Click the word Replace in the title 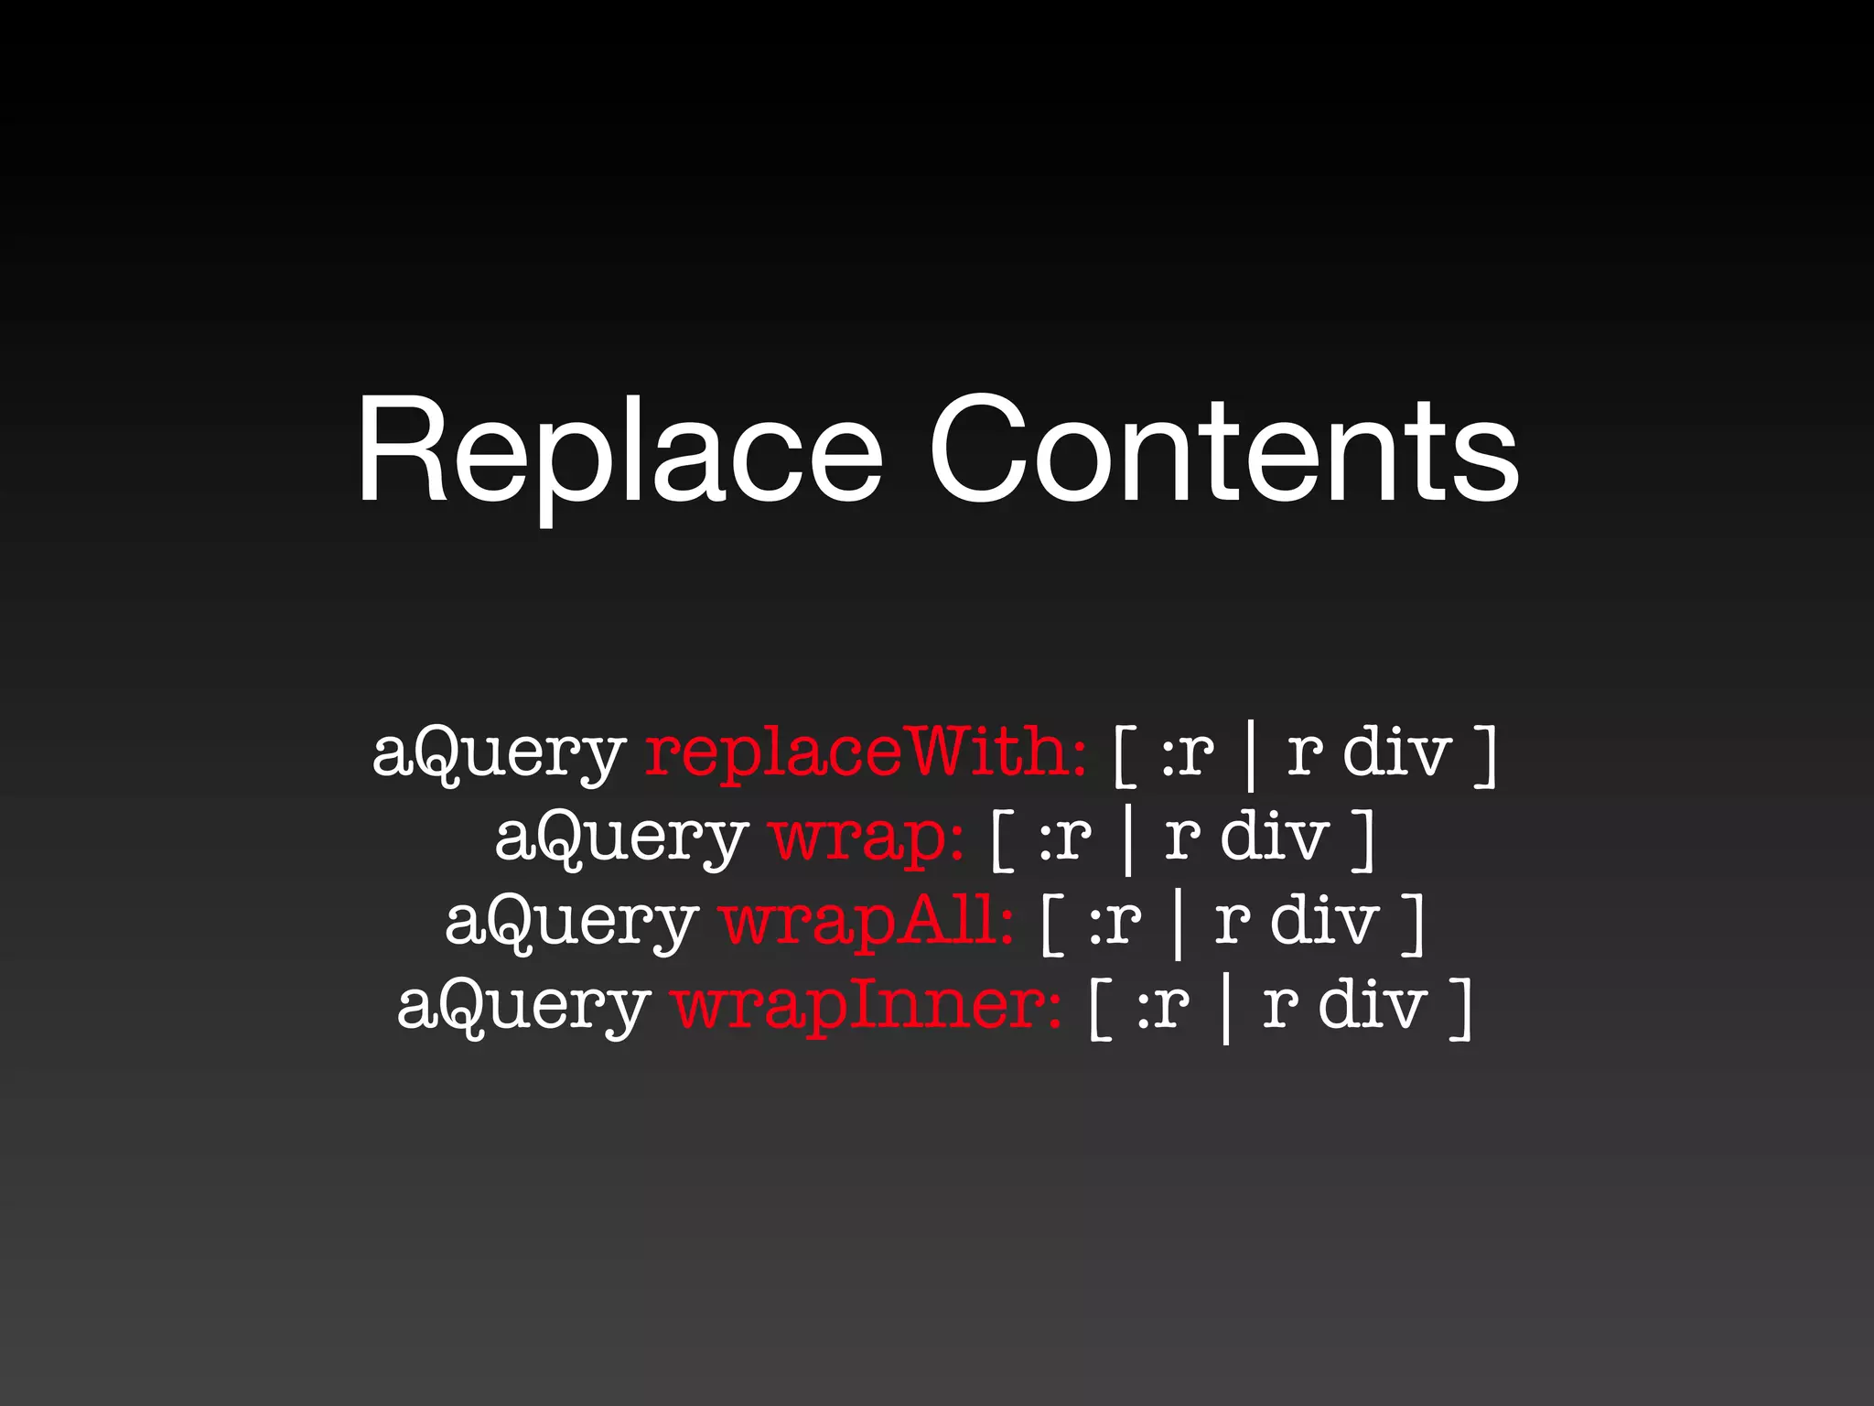(x=619, y=452)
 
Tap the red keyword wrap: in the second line (x=866, y=838)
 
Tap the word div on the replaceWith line (x=1397, y=753)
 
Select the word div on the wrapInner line (x=1373, y=1006)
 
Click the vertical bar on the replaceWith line (x=1251, y=756)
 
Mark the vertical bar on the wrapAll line (x=1178, y=925)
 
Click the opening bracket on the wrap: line (x=1003, y=839)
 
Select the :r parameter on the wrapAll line (x=1115, y=922)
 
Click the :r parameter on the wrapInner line (x=1164, y=1006)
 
